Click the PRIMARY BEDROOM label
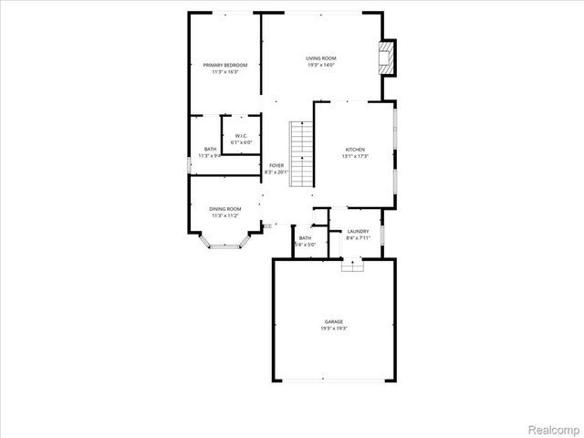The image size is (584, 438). [x=224, y=65]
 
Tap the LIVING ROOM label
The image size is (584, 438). [x=320, y=58]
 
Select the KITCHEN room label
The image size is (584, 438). [x=355, y=149]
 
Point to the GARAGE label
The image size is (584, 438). [x=334, y=322]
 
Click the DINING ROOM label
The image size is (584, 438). [x=225, y=209]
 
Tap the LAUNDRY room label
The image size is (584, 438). [x=358, y=231]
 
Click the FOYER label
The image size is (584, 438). [x=276, y=165]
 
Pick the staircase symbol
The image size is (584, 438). [x=302, y=153]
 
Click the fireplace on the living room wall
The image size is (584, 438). [x=390, y=57]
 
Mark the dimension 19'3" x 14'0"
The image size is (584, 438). [x=320, y=66]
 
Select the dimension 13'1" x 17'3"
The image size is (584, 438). [x=355, y=156]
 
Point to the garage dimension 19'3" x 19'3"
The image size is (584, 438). [x=334, y=329]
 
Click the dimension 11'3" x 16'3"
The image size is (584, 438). [x=224, y=71]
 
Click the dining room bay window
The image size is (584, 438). [x=224, y=244]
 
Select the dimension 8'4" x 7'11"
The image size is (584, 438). [x=358, y=238]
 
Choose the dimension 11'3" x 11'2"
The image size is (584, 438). [x=225, y=216]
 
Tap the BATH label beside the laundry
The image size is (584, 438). [x=305, y=238]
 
